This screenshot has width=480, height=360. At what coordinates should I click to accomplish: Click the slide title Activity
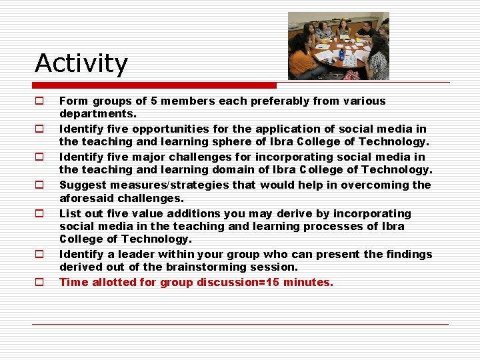[x=81, y=63]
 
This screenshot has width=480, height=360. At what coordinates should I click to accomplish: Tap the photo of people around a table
[x=338, y=46]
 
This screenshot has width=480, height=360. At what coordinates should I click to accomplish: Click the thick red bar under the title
[x=155, y=85]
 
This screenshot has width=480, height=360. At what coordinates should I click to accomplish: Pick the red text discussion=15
[x=239, y=282]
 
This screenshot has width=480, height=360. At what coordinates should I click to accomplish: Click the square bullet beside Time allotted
[x=39, y=282]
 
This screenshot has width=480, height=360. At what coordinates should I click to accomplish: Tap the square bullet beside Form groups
[x=39, y=101]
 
